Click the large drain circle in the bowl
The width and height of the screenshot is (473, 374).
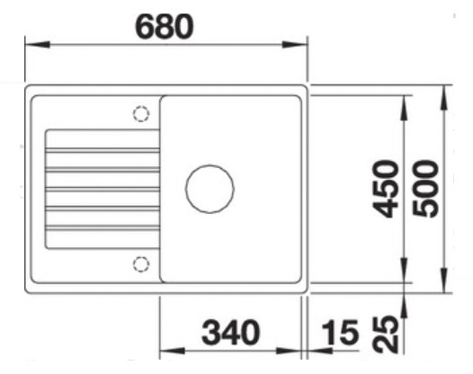pyautogui.click(x=210, y=189)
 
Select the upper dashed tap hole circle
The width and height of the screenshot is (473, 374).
pyautogui.click(x=140, y=114)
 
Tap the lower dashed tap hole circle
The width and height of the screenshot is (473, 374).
pyautogui.click(x=140, y=263)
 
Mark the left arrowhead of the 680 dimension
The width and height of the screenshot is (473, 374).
pyautogui.click(x=29, y=45)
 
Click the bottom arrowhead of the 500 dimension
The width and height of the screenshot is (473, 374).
pyautogui.click(x=445, y=288)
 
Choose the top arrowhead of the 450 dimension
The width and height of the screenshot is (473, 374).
pyautogui.click(x=406, y=100)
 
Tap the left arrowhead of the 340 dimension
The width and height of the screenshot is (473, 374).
pyautogui.click(x=165, y=351)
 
